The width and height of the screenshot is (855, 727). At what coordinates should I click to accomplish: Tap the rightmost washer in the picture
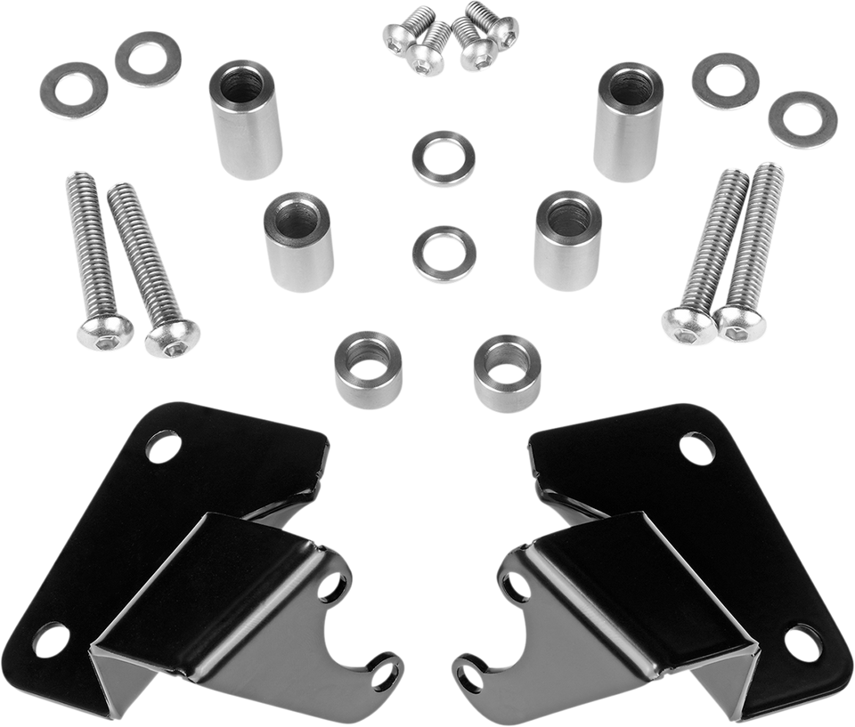point(803,120)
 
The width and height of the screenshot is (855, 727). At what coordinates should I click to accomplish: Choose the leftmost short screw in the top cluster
point(396,37)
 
